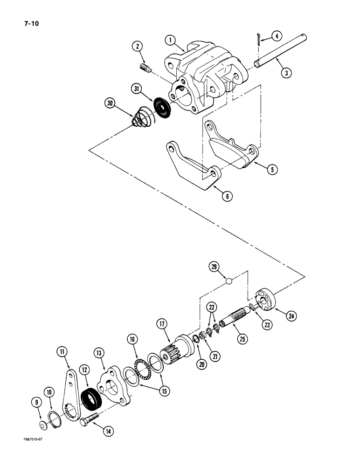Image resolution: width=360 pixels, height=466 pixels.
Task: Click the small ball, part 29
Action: pos(228,281)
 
